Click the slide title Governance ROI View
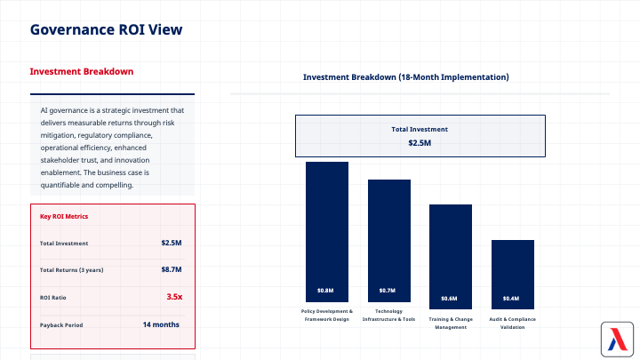107,29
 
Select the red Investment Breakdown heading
82,72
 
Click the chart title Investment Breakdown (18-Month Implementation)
406,77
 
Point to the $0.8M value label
326,291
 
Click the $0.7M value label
388,291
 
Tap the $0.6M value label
450,298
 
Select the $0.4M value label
511,298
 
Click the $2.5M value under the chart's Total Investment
420,143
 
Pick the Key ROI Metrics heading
64,216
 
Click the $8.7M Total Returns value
171,269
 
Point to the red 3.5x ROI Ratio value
174,296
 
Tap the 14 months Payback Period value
161,324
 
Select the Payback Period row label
61,325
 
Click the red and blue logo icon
615,339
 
